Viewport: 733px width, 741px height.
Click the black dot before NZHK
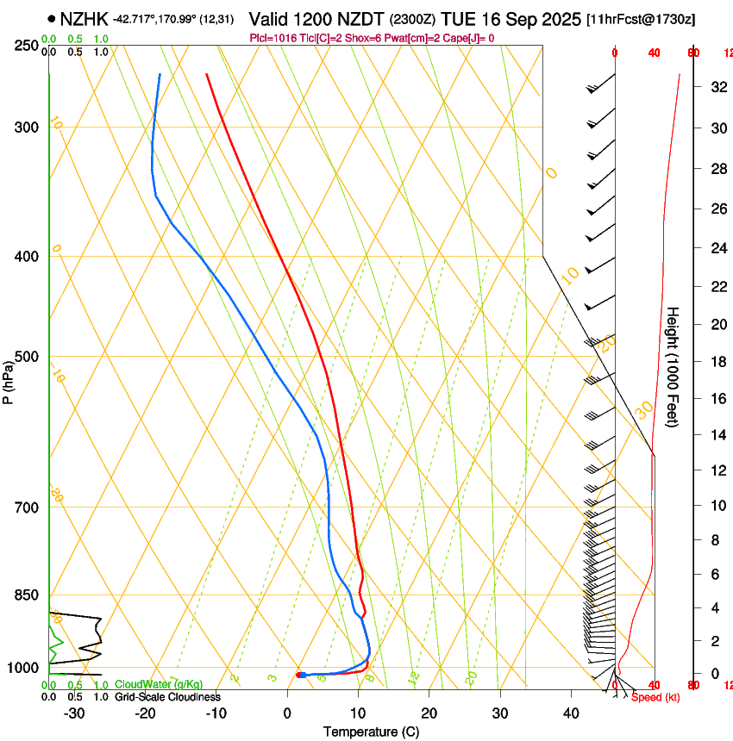coord(53,18)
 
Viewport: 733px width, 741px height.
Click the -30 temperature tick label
coord(75,713)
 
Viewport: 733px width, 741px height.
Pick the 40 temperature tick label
coord(571,713)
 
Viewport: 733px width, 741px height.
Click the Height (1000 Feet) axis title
coord(673,367)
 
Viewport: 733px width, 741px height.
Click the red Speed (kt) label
coord(655,697)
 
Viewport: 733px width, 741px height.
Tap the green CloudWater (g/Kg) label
coord(160,684)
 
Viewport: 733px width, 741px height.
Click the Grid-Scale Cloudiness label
coord(167,696)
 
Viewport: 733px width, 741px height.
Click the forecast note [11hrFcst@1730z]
coord(642,19)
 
